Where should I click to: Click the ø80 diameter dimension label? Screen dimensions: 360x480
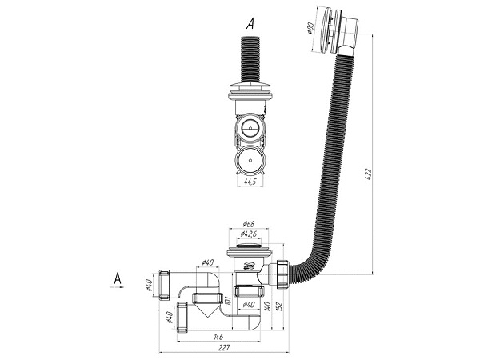click(310, 29)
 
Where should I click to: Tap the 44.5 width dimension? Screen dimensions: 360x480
click(250, 184)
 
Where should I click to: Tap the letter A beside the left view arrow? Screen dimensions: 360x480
click(118, 278)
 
